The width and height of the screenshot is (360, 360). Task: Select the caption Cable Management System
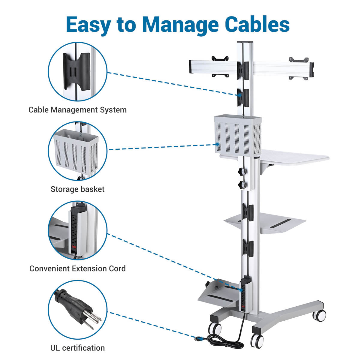77,110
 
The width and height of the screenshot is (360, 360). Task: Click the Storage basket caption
77,189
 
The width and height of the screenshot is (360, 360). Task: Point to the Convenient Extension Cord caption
77,268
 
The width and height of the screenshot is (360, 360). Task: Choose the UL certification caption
77,348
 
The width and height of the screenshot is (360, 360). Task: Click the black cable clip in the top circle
76,71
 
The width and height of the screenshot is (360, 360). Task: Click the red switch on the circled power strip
74,247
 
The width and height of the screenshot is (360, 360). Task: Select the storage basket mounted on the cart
238,135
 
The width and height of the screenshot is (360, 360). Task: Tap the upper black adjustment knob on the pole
241,171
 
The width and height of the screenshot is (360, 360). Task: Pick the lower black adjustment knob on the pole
241,184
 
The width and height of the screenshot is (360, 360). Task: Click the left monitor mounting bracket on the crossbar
220,67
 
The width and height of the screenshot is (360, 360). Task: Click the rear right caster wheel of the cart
319,316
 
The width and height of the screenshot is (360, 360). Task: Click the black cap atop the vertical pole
245,42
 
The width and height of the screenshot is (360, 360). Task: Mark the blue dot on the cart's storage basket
217,144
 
